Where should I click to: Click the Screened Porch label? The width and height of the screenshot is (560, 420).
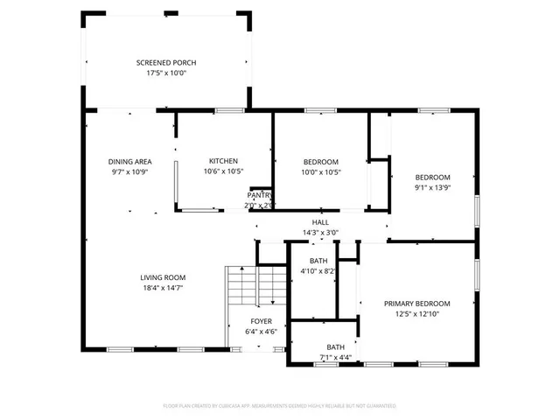[166, 62]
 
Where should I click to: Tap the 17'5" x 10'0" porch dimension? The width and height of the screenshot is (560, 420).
[166, 73]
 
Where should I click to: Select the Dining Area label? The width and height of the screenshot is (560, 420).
[130, 162]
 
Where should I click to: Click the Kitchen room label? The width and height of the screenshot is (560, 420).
[223, 161]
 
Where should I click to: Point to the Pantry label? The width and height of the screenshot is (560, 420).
[259, 195]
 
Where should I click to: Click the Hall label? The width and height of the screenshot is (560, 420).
[320, 223]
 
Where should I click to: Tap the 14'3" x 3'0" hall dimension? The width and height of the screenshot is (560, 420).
[320, 233]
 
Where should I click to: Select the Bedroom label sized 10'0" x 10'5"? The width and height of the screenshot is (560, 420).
[321, 162]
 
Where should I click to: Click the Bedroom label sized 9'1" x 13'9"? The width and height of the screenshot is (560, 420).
[432, 177]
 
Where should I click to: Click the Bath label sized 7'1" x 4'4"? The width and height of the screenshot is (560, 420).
[336, 347]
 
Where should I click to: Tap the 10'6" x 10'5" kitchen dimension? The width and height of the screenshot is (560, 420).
[223, 171]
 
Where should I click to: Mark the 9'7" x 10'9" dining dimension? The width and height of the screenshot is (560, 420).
[130, 171]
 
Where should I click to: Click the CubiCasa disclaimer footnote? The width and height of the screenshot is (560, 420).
[280, 406]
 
